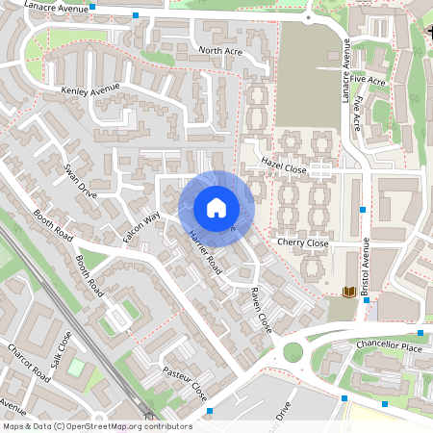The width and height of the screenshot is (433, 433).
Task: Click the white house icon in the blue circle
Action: pos(216,208)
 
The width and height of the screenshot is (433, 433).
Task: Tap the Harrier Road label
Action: pos(206,253)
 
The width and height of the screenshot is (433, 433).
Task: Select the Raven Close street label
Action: pos(261,310)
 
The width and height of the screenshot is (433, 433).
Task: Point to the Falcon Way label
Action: pos(140,227)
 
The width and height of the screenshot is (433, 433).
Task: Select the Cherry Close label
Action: pos(302,244)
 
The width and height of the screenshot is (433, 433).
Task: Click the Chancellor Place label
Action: pos(389,346)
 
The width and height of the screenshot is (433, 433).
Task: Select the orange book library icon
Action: pos(349,291)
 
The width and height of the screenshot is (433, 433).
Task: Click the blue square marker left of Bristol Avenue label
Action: pos(363,210)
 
